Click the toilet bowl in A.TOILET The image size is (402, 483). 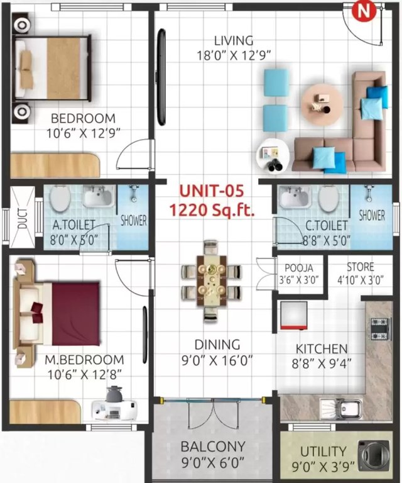tap(60, 200)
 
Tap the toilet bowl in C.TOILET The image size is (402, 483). tap(327, 199)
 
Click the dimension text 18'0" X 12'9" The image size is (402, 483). tap(234, 55)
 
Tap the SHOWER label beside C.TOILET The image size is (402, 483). tap(372, 215)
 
